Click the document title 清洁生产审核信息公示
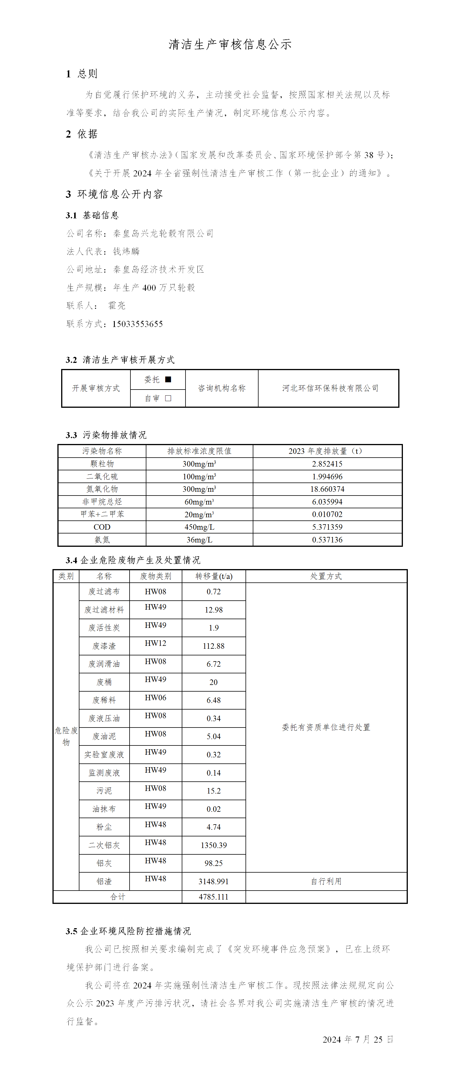click(x=230, y=45)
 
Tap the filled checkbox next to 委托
click(x=168, y=379)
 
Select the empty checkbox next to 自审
click(x=168, y=398)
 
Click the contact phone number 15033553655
click(x=137, y=324)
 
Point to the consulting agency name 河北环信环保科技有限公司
click(x=330, y=388)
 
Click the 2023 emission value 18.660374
click(x=327, y=489)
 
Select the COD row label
click(x=102, y=527)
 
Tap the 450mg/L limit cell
click(x=199, y=527)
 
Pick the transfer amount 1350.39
click(x=214, y=845)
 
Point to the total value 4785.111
click(x=214, y=897)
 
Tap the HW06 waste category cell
click(x=156, y=698)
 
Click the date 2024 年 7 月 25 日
click(x=358, y=1039)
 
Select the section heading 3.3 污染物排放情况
click(x=106, y=435)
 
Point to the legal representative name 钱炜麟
click(x=126, y=251)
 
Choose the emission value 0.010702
click(x=327, y=514)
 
